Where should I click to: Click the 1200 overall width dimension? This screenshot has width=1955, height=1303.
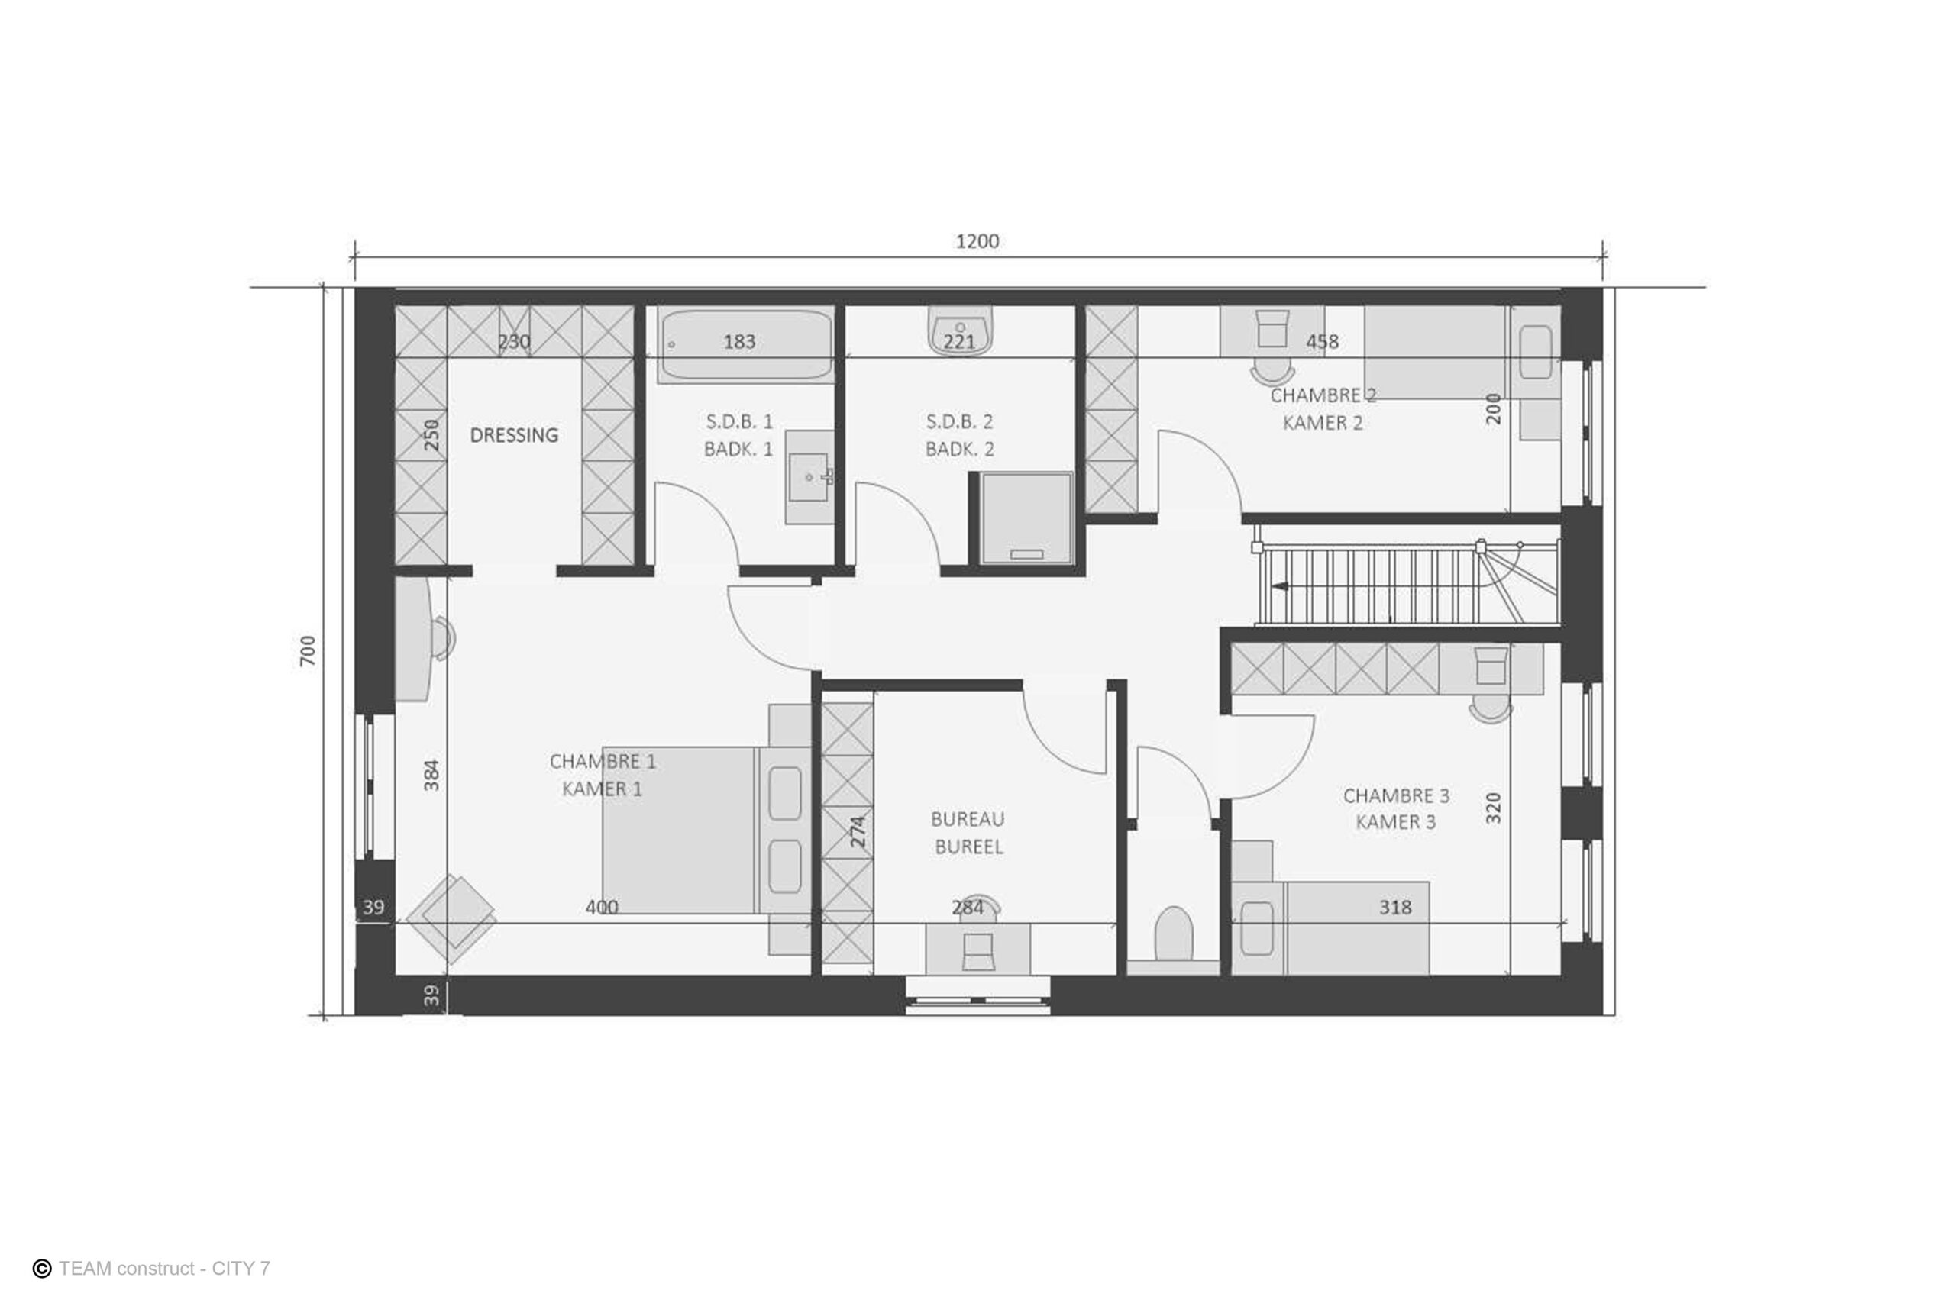(977, 241)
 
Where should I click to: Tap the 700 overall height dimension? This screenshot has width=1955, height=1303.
(308, 650)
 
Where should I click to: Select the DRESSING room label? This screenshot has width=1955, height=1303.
(514, 434)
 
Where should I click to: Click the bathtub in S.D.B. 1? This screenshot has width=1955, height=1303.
(745, 346)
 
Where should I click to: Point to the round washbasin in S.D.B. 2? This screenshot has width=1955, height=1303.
(960, 331)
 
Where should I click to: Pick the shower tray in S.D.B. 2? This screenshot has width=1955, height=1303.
(1026, 518)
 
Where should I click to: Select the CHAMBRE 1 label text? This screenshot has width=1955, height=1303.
(603, 761)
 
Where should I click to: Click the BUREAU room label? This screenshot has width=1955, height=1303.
(968, 819)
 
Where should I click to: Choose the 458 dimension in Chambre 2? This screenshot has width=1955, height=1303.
(1322, 341)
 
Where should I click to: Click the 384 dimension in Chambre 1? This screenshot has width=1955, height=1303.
(431, 775)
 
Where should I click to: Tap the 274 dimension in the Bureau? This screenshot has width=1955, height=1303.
(858, 831)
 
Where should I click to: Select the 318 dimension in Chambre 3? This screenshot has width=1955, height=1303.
(1394, 908)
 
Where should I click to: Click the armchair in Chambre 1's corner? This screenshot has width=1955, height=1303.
(451, 918)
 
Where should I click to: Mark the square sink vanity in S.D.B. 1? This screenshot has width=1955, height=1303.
(809, 477)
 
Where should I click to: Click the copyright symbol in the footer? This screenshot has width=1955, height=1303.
(41, 1268)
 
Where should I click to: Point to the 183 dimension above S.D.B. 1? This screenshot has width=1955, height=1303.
(739, 341)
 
